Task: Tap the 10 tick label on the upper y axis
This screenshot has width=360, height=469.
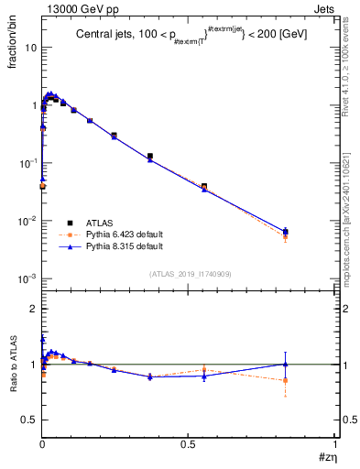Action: pyautogui.click(x=30, y=48)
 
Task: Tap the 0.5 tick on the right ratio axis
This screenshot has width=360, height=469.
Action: pyautogui.click(x=344, y=420)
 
